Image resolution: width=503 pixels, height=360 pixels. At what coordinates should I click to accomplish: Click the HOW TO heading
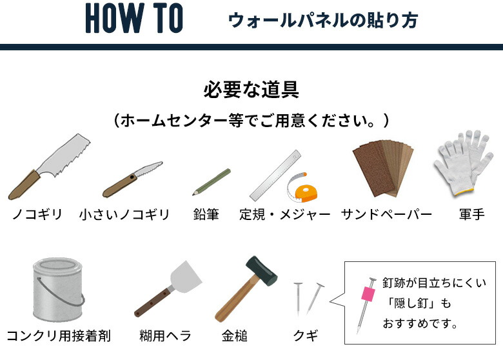(x=134, y=19)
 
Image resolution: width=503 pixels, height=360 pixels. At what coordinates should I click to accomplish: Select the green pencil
(x=211, y=182)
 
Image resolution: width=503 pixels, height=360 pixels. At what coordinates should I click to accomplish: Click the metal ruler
(x=275, y=175)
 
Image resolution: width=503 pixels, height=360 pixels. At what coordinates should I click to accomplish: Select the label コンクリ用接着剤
(x=59, y=336)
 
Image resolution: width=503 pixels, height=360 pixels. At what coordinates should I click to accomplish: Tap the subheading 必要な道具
(x=251, y=89)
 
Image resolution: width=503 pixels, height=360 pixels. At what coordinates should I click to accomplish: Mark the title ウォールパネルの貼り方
(x=322, y=21)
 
